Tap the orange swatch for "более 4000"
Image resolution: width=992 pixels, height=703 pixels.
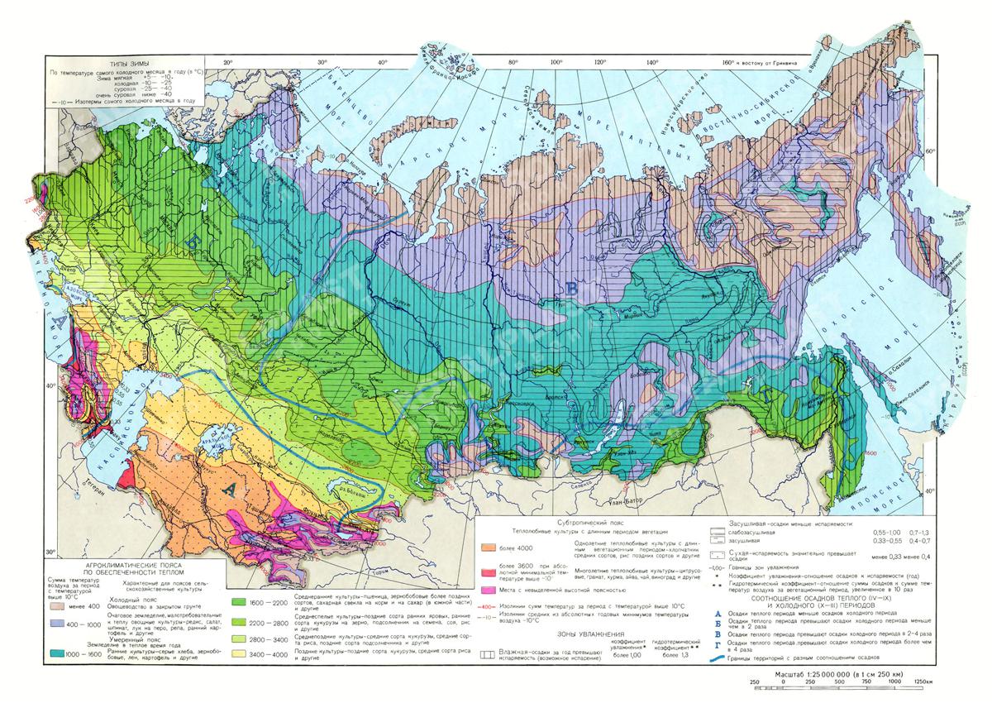click(494, 547)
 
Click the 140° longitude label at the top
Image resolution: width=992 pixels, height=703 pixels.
click(652, 61)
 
